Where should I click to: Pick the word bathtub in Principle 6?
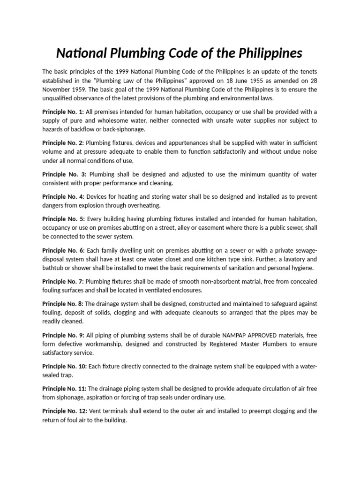(x=54, y=268)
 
